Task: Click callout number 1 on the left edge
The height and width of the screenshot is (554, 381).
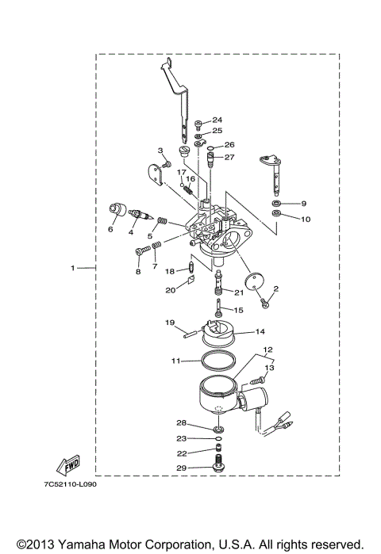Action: click(x=72, y=269)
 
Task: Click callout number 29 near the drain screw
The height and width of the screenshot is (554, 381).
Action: click(x=182, y=469)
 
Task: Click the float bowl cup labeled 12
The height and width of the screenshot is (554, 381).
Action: click(x=219, y=395)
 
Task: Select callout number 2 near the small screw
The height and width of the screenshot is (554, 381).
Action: click(x=276, y=288)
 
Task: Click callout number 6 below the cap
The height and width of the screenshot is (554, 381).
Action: click(x=111, y=230)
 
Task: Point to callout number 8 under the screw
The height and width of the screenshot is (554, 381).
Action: click(x=137, y=272)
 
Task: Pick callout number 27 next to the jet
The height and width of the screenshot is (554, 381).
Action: click(x=229, y=157)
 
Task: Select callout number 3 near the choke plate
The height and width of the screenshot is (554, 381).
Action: click(x=160, y=150)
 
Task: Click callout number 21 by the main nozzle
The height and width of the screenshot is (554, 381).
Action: click(x=239, y=292)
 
